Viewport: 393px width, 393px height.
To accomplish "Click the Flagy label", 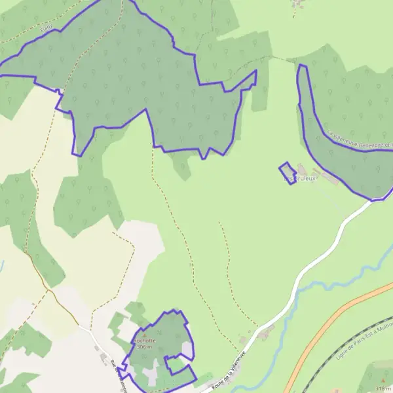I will coord(45,28).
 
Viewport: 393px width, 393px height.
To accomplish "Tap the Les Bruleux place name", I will coord(300,178).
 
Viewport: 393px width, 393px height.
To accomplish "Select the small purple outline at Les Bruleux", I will coord(287,173).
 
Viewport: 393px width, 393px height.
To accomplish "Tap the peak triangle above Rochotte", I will coord(145,335).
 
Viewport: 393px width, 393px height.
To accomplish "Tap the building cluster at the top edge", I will coord(299,5).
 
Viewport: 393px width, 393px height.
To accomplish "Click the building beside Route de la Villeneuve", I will coord(263,335).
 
